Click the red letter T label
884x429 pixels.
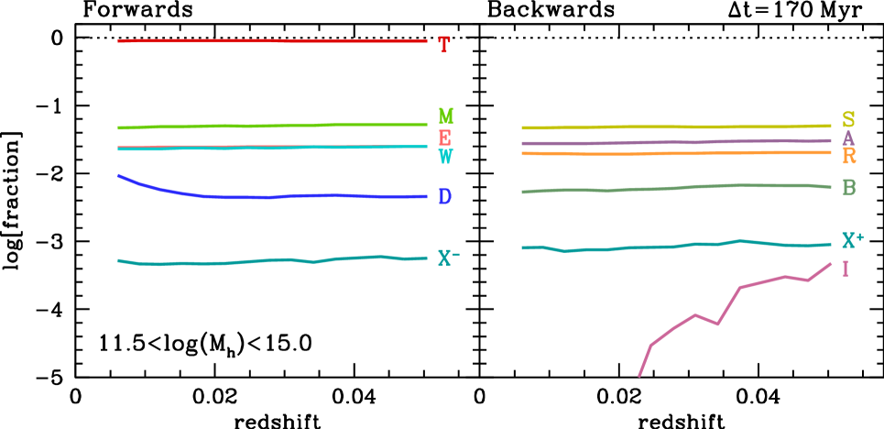444,45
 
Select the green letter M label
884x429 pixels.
445,116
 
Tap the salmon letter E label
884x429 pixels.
444,137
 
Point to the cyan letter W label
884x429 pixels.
445,157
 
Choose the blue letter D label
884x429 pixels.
444,197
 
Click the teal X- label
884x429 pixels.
448,258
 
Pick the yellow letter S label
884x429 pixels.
848,120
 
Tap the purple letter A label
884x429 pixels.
848,138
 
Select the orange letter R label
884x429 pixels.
849,157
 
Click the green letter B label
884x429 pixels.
848,188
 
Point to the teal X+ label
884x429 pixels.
852,241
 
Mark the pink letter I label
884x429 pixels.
845,269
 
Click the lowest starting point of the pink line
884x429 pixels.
639,375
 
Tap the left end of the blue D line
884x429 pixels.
118,175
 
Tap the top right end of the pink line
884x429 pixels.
830,264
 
